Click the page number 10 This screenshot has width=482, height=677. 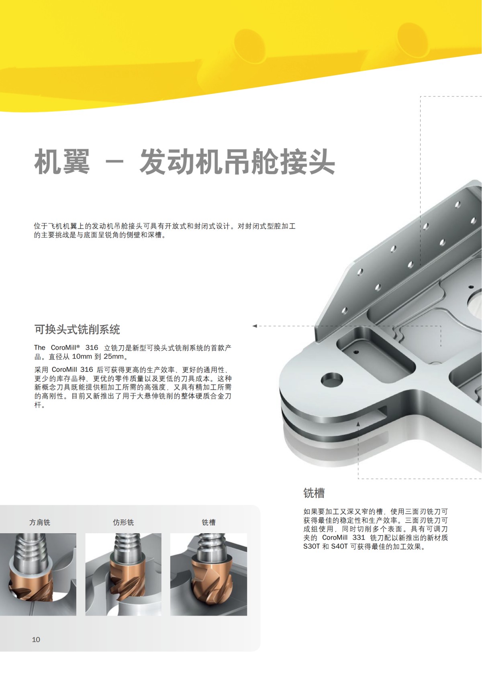(36, 639)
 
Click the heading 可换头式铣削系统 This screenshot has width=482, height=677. (77, 330)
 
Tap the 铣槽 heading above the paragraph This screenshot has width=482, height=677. (314, 493)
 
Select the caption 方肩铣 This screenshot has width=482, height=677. (40, 522)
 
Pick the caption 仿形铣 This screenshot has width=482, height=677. (123, 522)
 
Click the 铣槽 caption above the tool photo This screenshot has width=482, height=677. (208, 522)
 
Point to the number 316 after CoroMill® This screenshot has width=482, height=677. (92, 348)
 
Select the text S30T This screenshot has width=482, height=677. (311, 546)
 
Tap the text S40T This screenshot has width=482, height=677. (339, 546)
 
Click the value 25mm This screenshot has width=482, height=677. (114, 357)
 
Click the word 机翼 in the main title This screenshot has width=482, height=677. (62, 162)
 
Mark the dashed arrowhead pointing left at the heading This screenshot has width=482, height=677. (255, 326)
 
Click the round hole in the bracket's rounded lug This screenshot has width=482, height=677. (331, 378)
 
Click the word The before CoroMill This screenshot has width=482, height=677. (40, 348)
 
